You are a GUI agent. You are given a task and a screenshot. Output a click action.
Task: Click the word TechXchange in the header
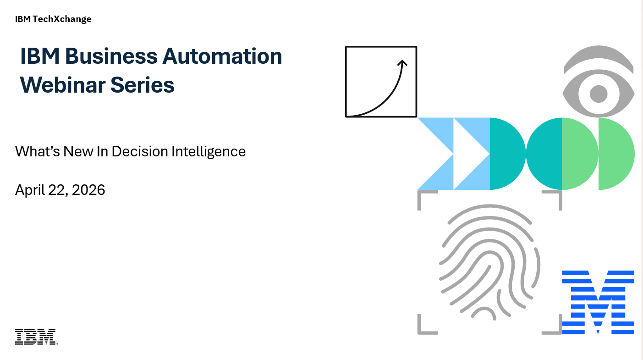click(x=62, y=19)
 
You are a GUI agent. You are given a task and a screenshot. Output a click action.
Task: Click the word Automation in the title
click(x=222, y=56)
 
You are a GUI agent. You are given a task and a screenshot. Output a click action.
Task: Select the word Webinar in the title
click(x=62, y=85)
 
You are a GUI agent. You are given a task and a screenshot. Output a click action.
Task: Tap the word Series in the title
click(x=143, y=85)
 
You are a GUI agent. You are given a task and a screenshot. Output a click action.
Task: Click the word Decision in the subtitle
click(x=139, y=151)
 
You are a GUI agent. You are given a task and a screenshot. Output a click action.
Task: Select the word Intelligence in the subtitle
click(x=209, y=152)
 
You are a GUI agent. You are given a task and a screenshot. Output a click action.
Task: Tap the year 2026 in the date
click(x=88, y=190)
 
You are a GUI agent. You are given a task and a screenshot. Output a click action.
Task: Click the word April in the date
click(x=30, y=190)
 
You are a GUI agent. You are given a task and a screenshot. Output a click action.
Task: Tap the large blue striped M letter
click(x=598, y=302)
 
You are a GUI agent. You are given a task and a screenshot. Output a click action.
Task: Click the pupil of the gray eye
click(x=599, y=94)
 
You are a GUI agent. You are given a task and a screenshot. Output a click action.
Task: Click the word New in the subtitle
click(x=78, y=151)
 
